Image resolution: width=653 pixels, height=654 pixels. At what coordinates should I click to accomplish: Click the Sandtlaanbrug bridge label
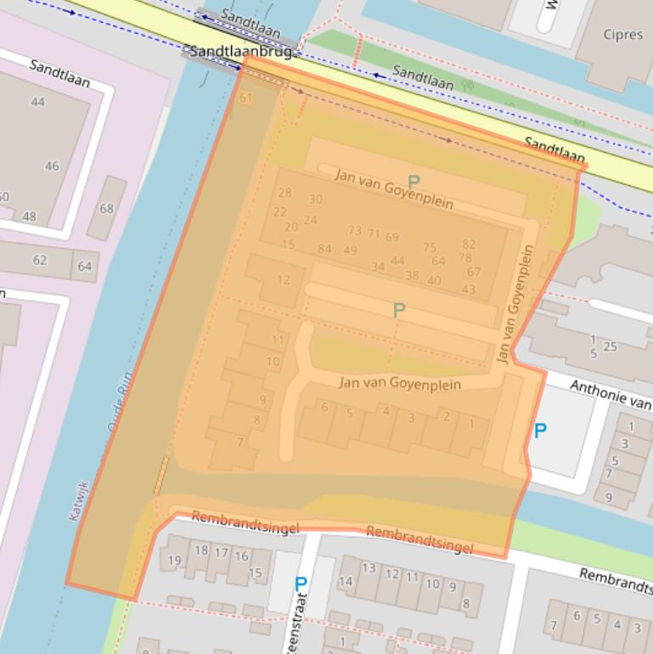pyautogui.click(x=240, y=52)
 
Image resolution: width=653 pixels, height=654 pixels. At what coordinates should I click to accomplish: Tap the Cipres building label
pyautogui.click(x=622, y=35)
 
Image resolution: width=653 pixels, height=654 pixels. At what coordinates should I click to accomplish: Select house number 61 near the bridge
pyautogui.click(x=246, y=99)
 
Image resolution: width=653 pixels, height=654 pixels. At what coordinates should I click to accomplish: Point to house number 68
pyautogui.click(x=106, y=208)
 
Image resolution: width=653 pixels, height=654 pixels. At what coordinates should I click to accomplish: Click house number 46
pyautogui.click(x=52, y=166)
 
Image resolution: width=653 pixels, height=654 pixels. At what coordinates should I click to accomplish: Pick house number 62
pyautogui.click(x=40, y=260)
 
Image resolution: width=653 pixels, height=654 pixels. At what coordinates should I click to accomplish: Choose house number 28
pyautogui.click(x=284, y=193)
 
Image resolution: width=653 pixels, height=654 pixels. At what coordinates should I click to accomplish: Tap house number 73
pyautogui.click(x=355, y=230)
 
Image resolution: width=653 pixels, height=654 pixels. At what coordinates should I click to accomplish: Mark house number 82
pyautogui.click(x=469, y=244)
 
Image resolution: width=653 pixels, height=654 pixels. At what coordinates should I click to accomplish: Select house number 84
pyautogui.click(x=324, y=249)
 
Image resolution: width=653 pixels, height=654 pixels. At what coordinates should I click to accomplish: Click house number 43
pyautogui.click(x=469, y=289)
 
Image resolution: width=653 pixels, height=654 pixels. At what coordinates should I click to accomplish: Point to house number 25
pyautogui.click(x=610, y=347)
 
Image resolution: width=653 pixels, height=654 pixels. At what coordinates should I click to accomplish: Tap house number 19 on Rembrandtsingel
pyautogui.click(x=175, y=560)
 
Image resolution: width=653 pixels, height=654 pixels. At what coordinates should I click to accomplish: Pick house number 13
pyautogui.click(x=369, y=567)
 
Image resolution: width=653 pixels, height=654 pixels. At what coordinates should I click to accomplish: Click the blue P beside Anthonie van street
pyautogui.click(x=540, y=431)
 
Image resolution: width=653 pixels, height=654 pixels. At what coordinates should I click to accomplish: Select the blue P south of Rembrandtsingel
pyautogui.click(x=300, y=584)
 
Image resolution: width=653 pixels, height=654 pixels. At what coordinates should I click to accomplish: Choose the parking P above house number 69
pyautogui.click(x=414, y=182)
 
